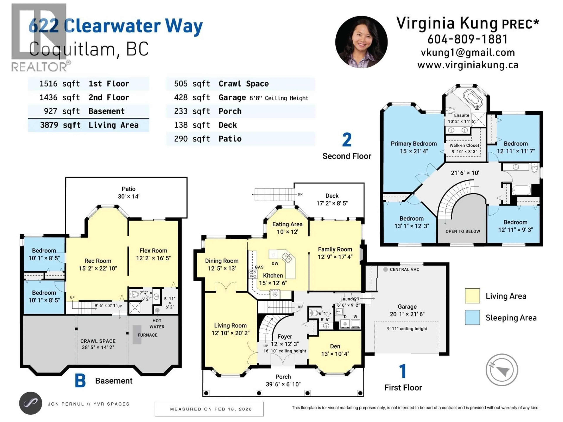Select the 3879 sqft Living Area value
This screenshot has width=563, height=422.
point(60,125)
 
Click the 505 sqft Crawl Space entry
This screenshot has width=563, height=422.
point(221,84)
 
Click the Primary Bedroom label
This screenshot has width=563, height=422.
point(414,144)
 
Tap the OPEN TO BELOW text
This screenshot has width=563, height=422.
point(462,231)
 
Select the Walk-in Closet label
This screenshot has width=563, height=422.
point(464,146)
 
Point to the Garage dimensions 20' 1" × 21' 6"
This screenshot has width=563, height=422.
point(407,314)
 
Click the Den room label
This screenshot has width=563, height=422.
point(335,346)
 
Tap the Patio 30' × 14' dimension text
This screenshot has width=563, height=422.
point(129,196)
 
